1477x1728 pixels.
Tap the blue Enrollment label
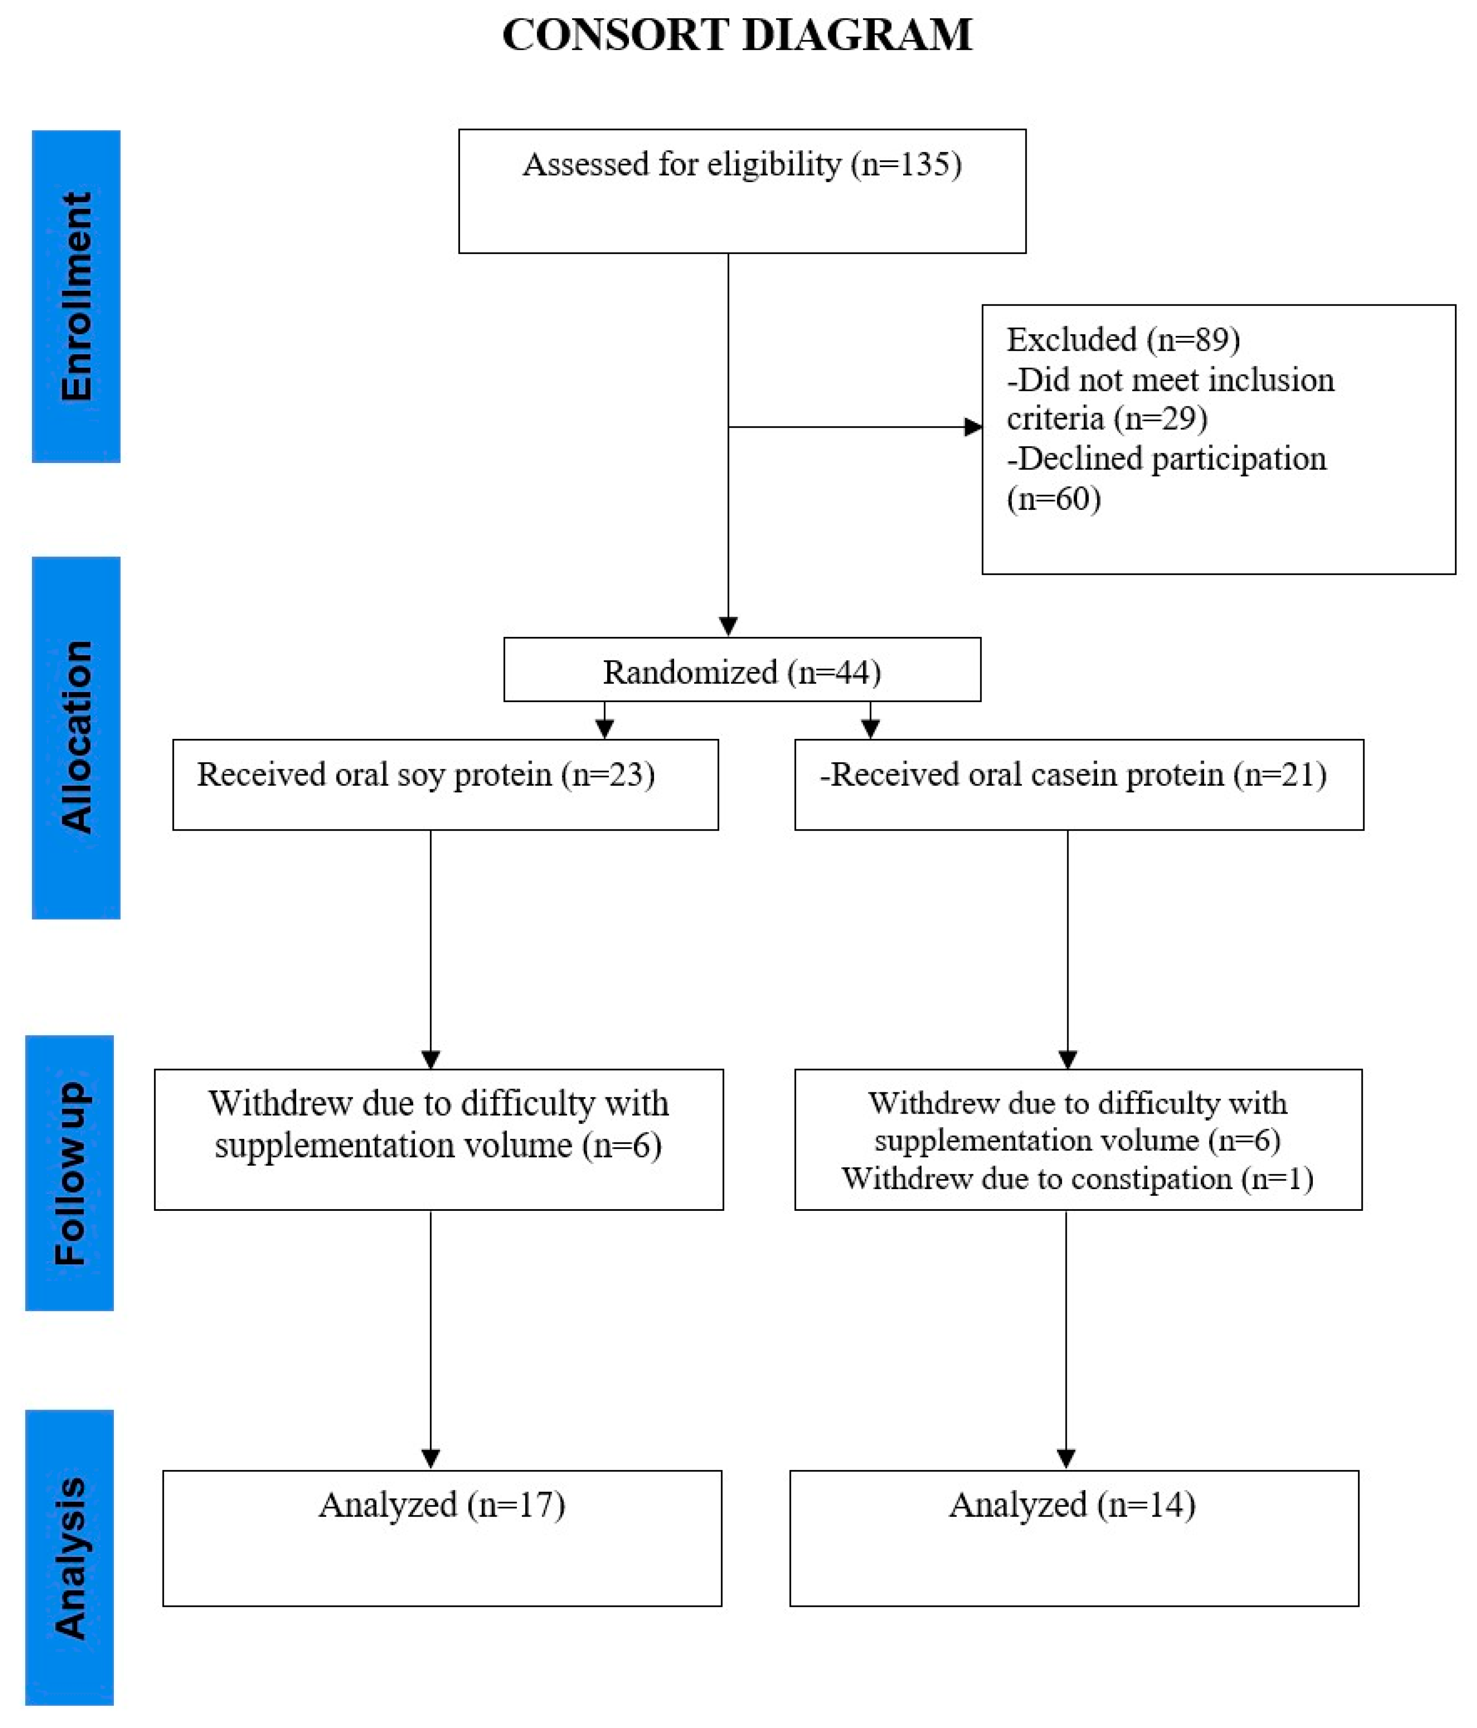(76, 296)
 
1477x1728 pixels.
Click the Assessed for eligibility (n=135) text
(741, 164)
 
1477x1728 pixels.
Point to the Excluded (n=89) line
(1123, 339)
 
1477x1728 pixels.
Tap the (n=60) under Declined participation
(1053, 499)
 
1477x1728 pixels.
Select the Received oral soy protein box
(445, 784)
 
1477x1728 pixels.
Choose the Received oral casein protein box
(1078, 784)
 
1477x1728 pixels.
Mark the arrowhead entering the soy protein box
(605, 729)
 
